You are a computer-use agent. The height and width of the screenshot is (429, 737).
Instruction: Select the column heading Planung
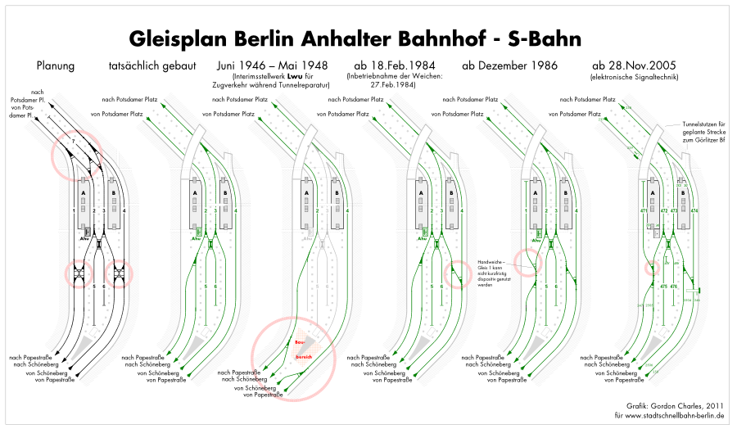click(57, 65)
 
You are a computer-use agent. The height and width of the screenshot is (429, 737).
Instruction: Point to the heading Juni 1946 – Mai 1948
click(273, 65)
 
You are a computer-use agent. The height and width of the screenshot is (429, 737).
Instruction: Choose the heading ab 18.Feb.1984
click(394, 65)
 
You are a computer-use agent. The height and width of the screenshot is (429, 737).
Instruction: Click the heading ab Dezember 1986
click(510, 65)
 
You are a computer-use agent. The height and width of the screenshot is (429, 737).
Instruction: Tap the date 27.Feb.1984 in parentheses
click(394, 84)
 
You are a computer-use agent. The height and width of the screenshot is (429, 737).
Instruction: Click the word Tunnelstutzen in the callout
click(701, 124)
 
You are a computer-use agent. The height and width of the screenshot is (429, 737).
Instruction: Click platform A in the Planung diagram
click(83, 194)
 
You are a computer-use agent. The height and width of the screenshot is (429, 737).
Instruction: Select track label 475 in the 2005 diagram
click(662, 287)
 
